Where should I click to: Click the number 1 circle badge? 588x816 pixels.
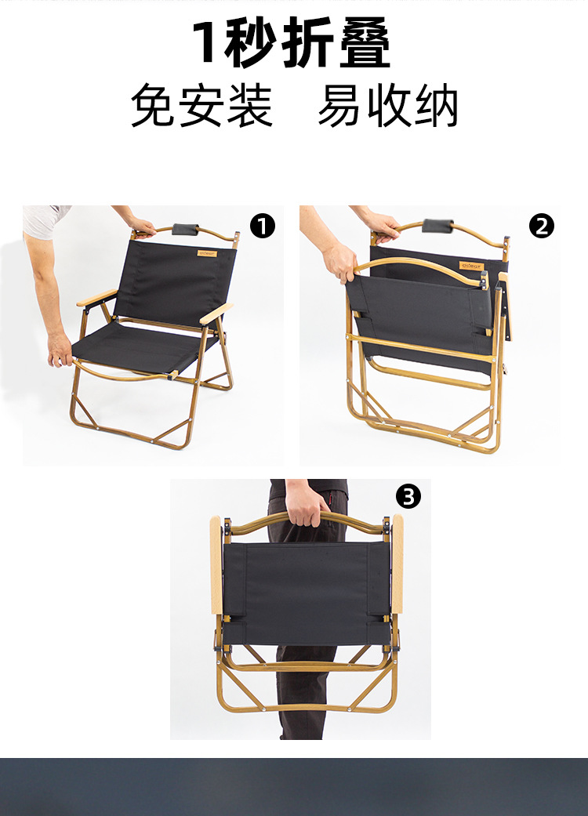(262, 227)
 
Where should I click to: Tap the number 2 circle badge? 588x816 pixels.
(541, 227)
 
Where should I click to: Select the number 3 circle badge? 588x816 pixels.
(408, 496)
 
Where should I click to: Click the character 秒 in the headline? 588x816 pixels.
(250, 42)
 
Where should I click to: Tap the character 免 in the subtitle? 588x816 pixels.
(154, 106)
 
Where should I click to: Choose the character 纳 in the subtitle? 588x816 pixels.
(436, 106)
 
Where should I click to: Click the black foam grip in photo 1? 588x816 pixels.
(187, 230)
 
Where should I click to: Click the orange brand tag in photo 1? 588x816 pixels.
(207, 253)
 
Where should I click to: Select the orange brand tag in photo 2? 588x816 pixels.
(471, 266)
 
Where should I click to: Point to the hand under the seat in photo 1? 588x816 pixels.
(60, 350)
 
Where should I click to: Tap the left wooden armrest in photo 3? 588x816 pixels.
(216, 564)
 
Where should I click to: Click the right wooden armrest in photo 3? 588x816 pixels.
(397, 564)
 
